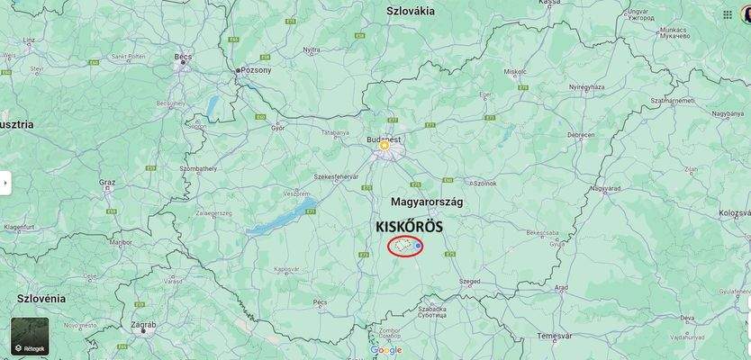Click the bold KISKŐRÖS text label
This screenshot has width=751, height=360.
coord(410,227)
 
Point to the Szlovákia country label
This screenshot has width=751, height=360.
coord(411,11)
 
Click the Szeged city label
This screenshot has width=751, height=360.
coord(469,281)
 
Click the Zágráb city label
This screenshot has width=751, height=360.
coord(142,325)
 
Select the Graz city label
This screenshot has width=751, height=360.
coord(107,183)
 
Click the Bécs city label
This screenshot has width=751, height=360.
coord(184,57)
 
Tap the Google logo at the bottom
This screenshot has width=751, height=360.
coord(386,350)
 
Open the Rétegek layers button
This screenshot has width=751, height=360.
coord(30,336)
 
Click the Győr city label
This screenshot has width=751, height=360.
coord(252,129)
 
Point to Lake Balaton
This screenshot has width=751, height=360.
coord(279,216)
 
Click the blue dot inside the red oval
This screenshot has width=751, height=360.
coord(419,245)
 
